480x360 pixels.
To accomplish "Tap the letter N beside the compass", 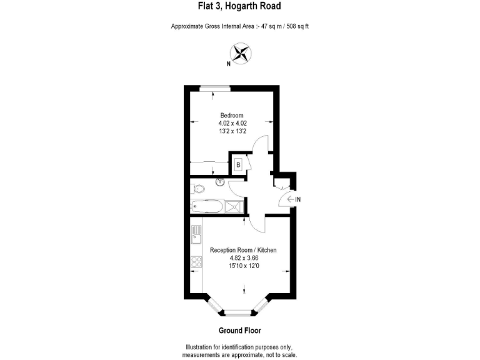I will [229, 63].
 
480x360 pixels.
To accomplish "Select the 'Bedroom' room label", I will [232, 115].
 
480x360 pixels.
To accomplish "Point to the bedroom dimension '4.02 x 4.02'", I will [232, 123].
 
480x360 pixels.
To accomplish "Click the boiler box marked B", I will [238, 164].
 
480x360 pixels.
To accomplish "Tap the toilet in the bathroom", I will [197, 187].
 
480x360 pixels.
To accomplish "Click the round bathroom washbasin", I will [220, 182].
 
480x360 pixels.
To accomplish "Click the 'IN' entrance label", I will [298, 199].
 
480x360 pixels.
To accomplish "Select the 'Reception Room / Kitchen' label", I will [243, 250].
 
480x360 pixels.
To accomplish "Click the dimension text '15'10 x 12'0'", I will [243, 266].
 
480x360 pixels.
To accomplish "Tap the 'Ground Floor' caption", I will [240, 330].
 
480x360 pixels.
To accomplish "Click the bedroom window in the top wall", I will [214, 87].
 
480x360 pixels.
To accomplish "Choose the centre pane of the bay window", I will [239, 311].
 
